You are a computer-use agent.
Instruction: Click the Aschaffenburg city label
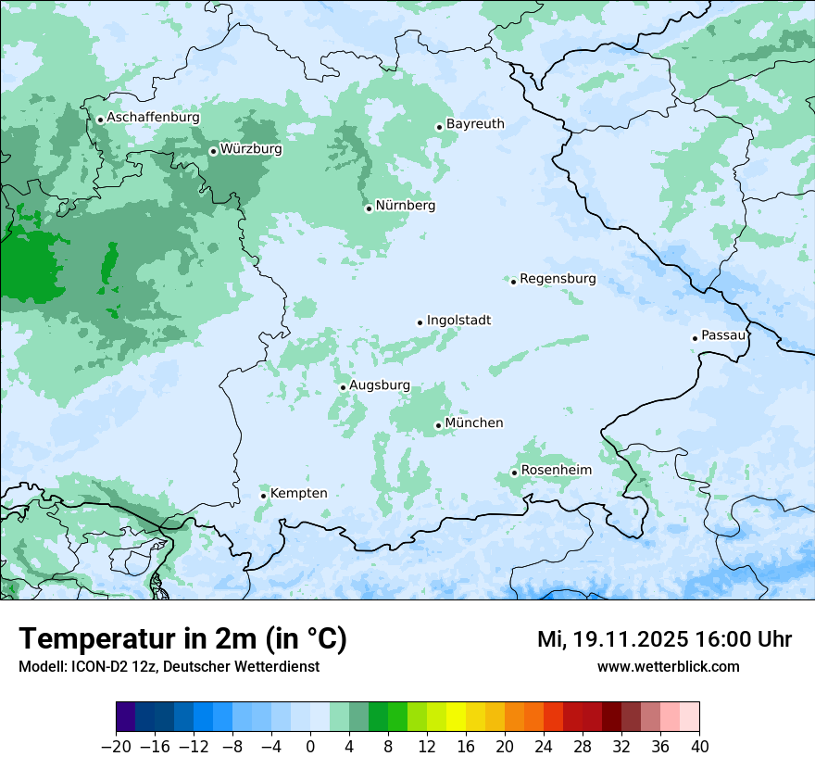[153, 118]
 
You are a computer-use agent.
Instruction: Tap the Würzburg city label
[251, 149]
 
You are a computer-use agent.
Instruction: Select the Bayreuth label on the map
[475, 124]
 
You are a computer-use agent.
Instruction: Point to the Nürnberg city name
[406, 206]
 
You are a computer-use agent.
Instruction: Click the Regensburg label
[558, 279]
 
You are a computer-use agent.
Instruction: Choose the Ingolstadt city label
[458, 321]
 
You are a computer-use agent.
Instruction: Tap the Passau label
[723, 335]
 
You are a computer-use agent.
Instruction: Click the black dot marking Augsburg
[343, 387]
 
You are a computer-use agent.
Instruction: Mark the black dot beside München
[438, 425]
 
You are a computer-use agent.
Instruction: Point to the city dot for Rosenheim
[514, 473]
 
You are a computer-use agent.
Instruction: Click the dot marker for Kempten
[263, 496]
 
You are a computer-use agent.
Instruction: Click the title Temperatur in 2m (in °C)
[182, 639]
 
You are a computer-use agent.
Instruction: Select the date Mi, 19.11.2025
[612, 639]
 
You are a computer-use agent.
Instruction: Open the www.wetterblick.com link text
[668, 666]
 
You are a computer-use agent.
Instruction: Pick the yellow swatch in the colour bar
[456, 717]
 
